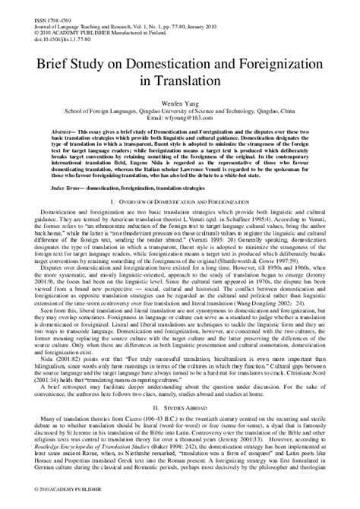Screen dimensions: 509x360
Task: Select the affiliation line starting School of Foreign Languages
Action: (x=179, y=109)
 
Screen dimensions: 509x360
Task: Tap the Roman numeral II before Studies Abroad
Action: (x=153, y=428)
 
